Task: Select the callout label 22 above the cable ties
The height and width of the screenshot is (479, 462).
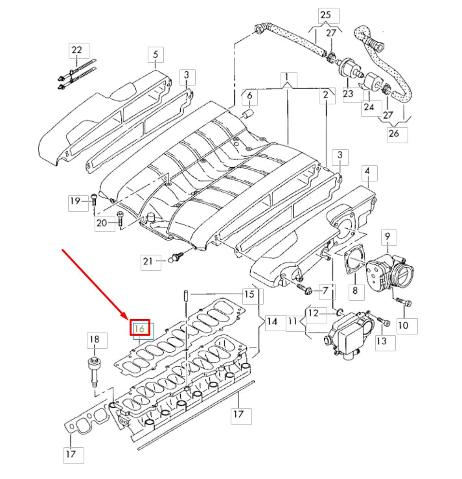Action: pos(77,51)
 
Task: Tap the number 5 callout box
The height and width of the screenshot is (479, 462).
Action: pos(156,54)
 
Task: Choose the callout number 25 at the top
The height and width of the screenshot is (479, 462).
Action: pos(325,14)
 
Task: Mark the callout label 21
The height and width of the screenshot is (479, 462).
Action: pos(148,261)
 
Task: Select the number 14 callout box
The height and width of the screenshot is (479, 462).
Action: pos(272,321)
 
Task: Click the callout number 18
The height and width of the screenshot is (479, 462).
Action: pos(95,339)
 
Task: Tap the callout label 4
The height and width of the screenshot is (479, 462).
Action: pos(367,172)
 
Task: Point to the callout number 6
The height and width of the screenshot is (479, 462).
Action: pos(250,98)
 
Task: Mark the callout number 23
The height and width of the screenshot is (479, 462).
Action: pos(349,93)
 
